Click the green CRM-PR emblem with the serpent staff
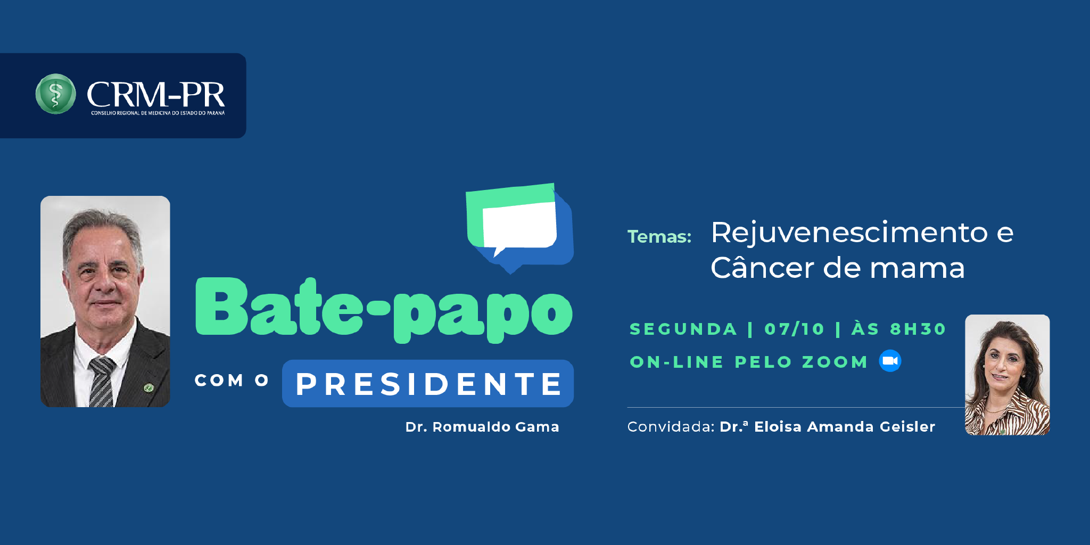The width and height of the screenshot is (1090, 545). pos(55,94)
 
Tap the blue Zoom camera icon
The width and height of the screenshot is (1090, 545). pos(890,361)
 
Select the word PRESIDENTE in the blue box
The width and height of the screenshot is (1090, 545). pos(428,384)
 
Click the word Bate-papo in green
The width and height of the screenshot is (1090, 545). pos(384,309)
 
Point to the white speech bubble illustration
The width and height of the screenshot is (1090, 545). pos(519,227)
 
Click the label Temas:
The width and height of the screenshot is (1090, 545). pos(659,236)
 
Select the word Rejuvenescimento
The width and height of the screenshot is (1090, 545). pos(849,233)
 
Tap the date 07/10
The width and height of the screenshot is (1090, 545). pos(794,329)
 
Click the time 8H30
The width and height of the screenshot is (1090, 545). pos(918,329)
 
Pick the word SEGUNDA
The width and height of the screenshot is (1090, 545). pos(683,329)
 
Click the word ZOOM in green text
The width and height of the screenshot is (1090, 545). pos(835,362)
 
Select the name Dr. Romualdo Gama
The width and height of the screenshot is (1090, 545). pos(482,427)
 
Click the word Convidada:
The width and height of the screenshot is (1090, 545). pos(671,427)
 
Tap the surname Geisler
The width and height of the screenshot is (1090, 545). pos(907,427)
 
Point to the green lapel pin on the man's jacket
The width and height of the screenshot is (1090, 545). pos(149,388)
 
